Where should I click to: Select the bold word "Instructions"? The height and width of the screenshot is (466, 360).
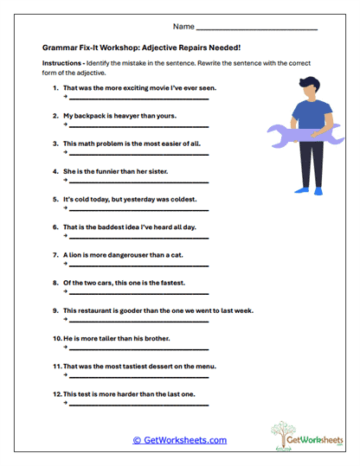64,65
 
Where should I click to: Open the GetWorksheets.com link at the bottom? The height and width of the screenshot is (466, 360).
180,440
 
